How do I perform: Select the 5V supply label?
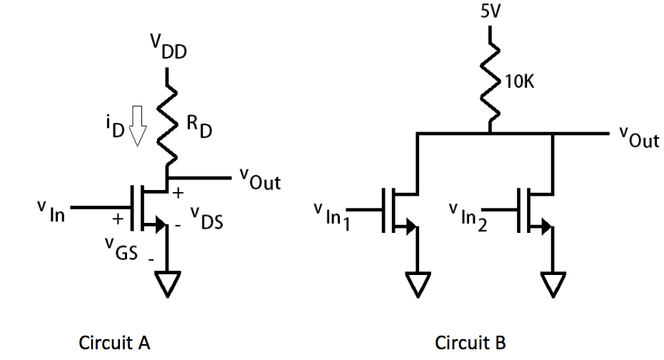coord(491,12)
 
